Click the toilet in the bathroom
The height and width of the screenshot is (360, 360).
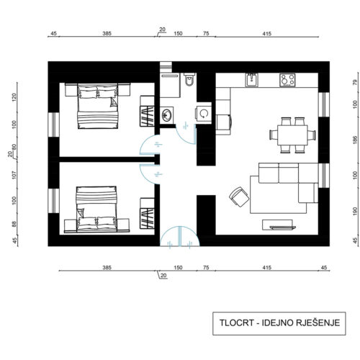[189, 80]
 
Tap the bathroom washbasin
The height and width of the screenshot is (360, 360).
[167, 115]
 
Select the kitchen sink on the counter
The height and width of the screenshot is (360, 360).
[251, 80]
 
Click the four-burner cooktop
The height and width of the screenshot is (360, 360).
[287, 80]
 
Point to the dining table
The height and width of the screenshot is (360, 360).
[292, 135]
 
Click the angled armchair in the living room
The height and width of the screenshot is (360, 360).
[239, 197]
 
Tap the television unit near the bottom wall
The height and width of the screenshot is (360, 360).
[279, 225]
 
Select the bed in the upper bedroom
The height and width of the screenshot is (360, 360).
[98, 106]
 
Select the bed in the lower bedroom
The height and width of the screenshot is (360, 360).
[96, 209]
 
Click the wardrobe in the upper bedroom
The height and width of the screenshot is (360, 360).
[147, 111]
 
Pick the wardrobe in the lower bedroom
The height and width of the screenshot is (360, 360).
[147, 213]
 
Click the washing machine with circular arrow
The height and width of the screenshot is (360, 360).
[204, 113]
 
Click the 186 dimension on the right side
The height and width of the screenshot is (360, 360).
[356, 140]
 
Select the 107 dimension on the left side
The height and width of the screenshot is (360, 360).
[14, 175]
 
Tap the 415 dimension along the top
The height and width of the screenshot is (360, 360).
[266, 34]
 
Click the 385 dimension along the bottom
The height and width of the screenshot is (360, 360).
[107, 267]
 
